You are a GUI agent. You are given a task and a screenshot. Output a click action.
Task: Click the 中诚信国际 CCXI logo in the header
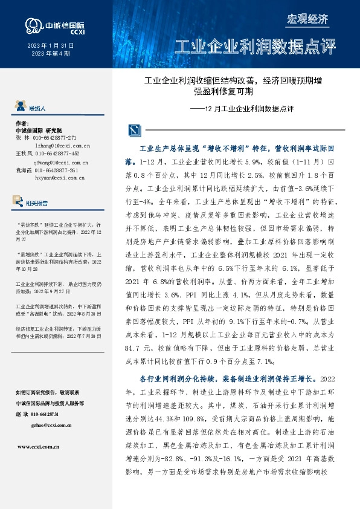(54, 26)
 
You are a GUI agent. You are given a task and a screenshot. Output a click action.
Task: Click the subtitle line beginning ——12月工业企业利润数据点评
(242, 109)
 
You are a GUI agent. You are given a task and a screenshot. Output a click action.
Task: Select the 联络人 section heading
(37, 108)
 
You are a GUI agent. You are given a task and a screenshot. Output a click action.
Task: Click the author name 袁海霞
(22, 171)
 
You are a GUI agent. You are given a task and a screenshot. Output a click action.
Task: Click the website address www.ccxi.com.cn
(38, 447)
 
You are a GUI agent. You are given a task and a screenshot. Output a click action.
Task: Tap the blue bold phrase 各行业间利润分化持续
(181, 379)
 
